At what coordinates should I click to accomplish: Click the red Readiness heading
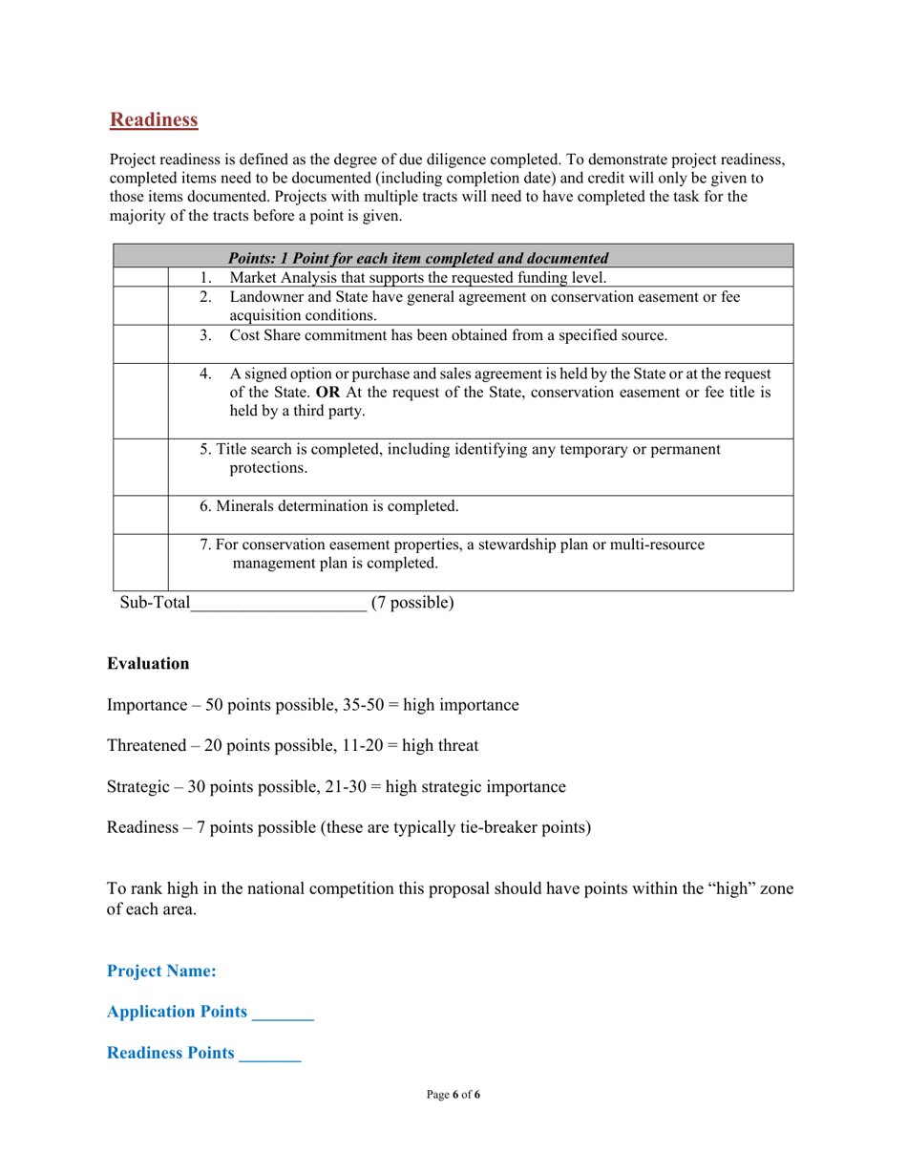click(154, 119)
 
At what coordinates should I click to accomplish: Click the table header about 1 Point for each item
click(418, 257)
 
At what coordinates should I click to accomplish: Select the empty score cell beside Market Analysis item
click(140, 278)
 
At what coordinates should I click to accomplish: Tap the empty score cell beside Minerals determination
click(140, 515)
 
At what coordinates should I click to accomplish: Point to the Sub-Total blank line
click(278, 603)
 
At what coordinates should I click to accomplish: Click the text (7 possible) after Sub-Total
click(412, 603)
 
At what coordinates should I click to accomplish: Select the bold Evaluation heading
click(148, 663)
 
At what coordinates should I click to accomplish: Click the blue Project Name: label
click(161, 971)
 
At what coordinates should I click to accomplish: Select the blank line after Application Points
click(283, 1013)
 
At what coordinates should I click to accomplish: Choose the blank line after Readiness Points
click(270, 1054)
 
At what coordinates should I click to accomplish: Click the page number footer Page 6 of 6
click(453, 1095)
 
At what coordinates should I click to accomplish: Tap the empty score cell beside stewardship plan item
click(140, 563)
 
